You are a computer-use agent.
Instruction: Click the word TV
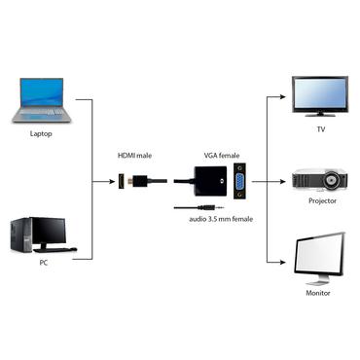click(x=320, y=128)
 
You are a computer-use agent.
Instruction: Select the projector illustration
click(x=320, y=182)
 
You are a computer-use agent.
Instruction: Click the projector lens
click(x=335, y=181)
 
